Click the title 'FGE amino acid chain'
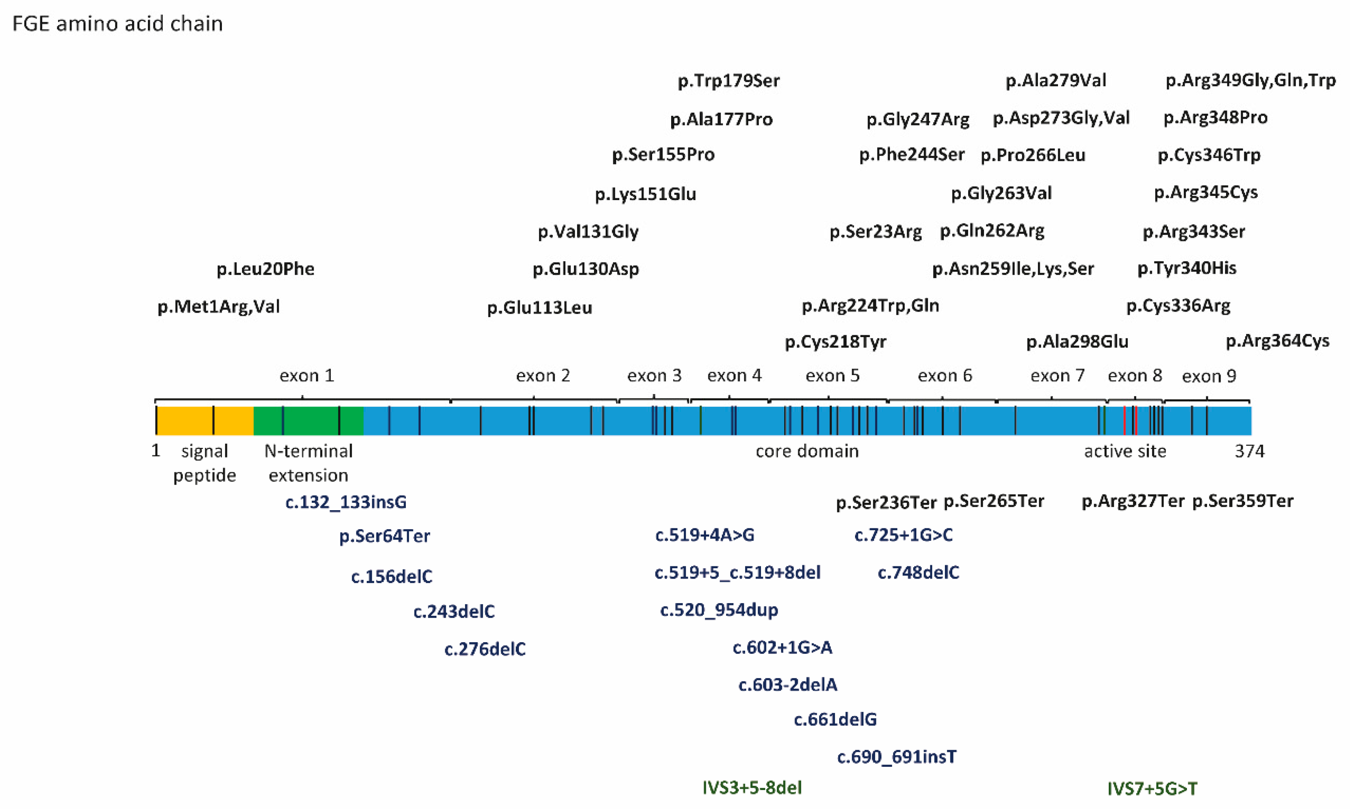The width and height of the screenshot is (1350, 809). (117, 24)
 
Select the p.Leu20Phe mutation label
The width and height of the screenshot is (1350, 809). (266, 269)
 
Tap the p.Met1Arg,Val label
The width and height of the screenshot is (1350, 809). (219, 306)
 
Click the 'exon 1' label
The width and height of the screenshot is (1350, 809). (306, 375)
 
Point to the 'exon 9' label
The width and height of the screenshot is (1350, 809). (1209, 376)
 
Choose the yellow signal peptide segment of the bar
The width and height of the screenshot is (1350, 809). (185, 420)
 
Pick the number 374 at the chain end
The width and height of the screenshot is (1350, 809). (1249, 451)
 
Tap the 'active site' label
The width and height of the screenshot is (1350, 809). (1125, 451)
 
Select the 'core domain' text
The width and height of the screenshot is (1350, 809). (807, 451)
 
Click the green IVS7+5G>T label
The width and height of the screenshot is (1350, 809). (1152, 788)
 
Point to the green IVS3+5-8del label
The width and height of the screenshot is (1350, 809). (752, 787)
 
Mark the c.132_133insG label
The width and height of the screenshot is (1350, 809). (346, 502)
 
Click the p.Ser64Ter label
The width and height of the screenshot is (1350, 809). (385, 536)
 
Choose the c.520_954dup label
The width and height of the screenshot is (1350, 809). (719, 610)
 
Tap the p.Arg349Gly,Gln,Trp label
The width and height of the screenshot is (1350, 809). (1250, 81)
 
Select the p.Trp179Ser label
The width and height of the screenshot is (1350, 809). (728, 81)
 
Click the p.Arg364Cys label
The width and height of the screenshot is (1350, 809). (1278, 341)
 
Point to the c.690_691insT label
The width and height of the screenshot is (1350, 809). (897, 757)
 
